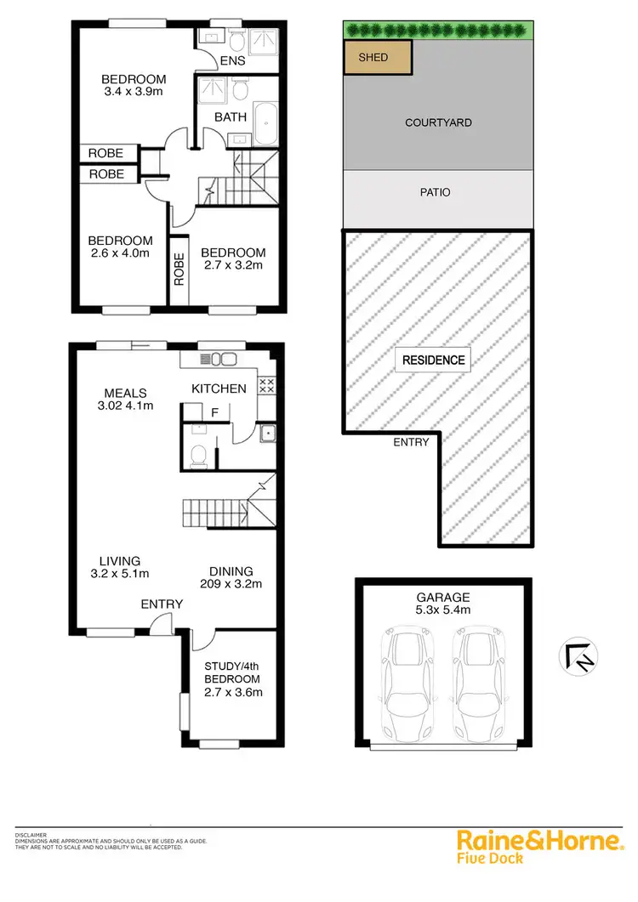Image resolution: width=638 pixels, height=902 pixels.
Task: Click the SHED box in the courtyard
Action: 378,58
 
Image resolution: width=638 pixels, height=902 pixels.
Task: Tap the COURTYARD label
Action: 438,122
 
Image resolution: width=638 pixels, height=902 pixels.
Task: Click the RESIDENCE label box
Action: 435,360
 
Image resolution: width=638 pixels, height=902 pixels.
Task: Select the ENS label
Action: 232,61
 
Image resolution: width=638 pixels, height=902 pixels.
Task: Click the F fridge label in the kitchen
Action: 214,412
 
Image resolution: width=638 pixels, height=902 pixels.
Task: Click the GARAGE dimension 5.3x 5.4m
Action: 444,610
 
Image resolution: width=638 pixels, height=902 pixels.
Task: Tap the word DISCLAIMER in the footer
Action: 31,835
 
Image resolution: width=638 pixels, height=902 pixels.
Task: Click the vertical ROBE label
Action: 179,269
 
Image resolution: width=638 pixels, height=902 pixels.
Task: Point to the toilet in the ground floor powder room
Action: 199,455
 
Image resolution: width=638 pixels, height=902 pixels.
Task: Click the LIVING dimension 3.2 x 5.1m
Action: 120,574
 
